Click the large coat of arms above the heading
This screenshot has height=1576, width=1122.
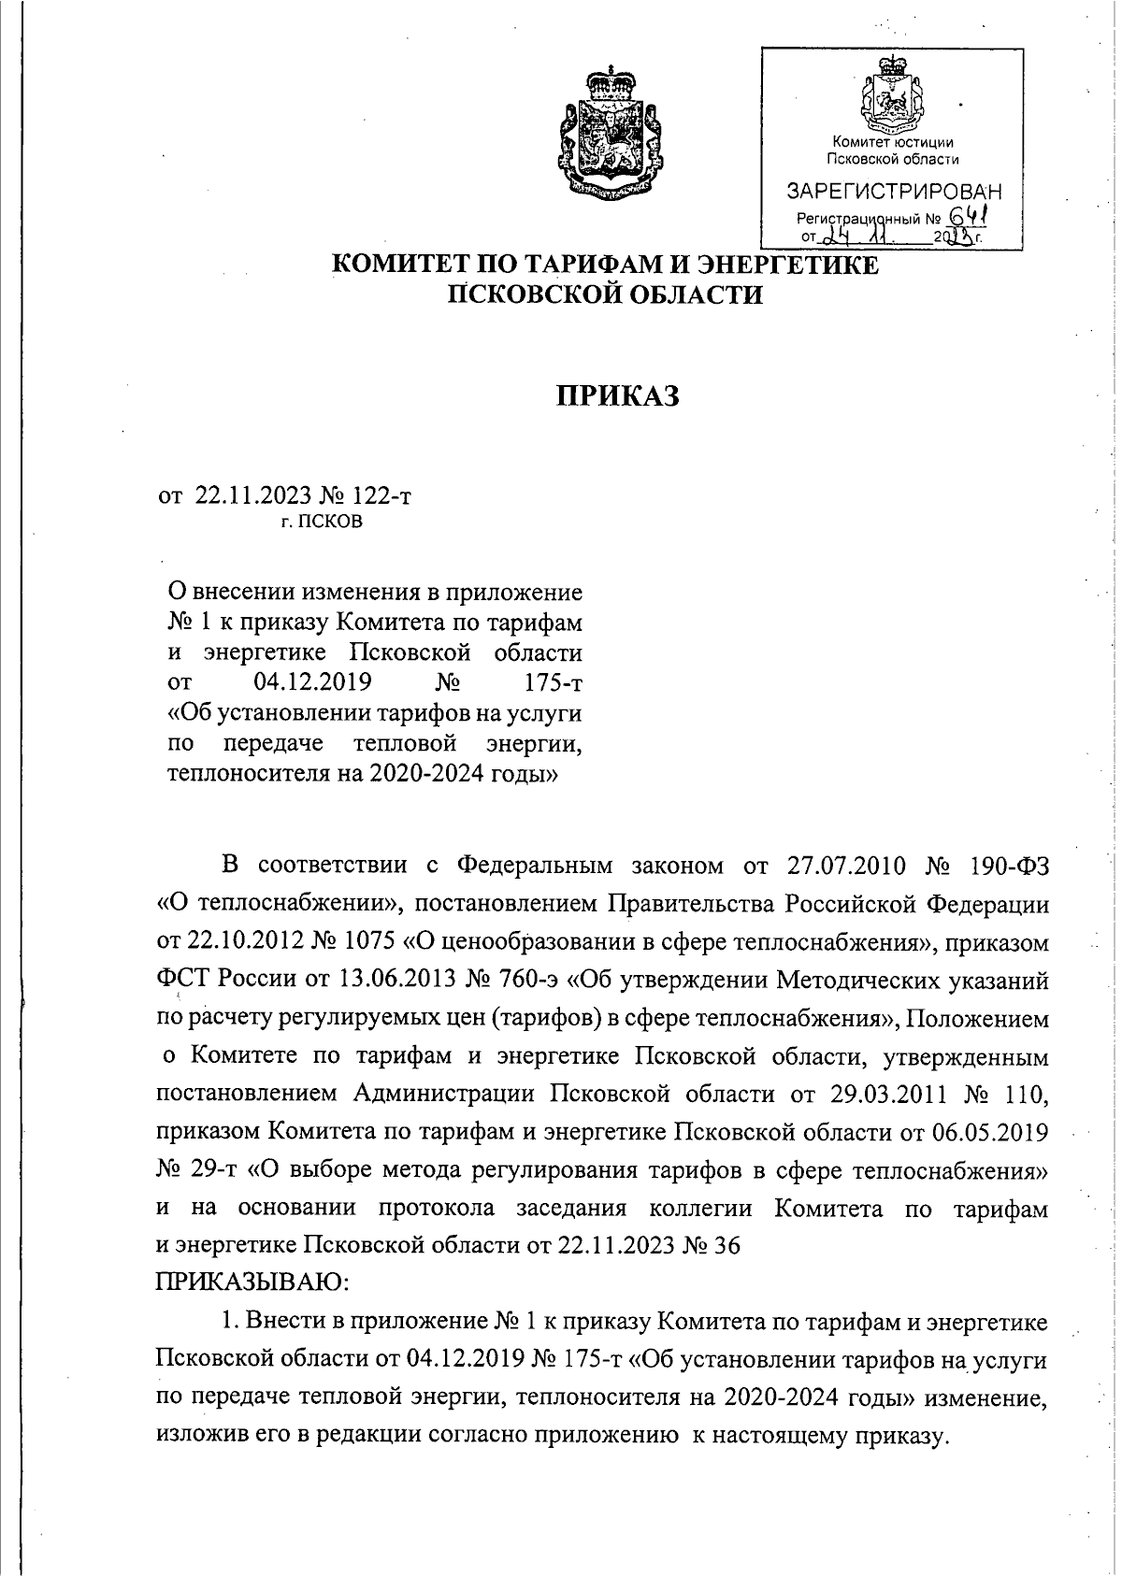coord(609,131)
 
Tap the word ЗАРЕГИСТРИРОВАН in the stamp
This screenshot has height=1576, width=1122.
coord(893,193)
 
